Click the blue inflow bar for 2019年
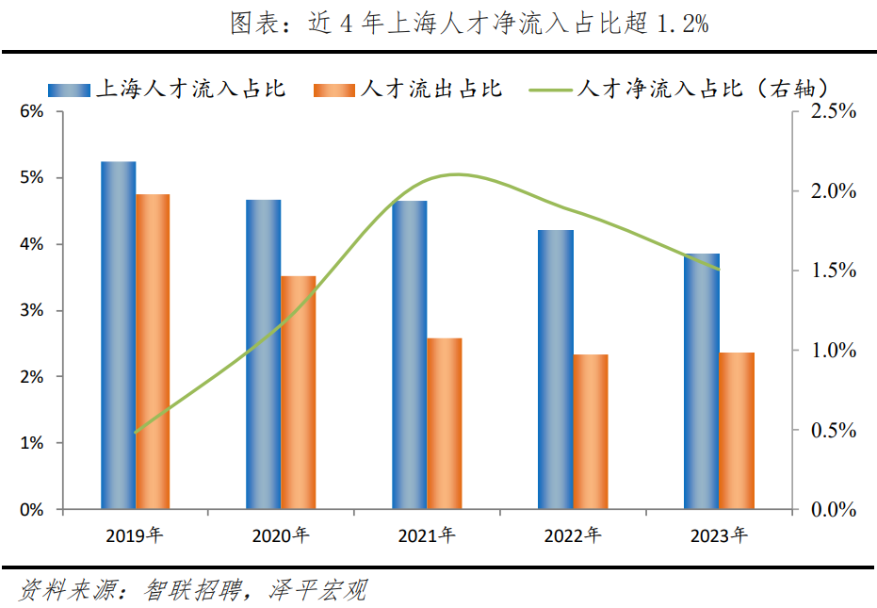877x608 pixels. pyautogui.click(x=119, y=335)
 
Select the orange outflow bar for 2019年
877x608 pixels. pyautogui.click(x=153, y=351)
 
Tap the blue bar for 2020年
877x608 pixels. pyautogui.click(x=264, y=353)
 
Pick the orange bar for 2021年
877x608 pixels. pyautogui.click(x=445, y=423)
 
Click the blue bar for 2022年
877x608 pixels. pyautogui.click(x=556, y=369)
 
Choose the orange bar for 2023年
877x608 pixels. pyautogui.click(x=737, y=430)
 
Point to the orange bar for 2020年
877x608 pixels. pyautogui.click(x=299, y=392)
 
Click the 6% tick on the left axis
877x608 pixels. pyautogui.click(x=31, y=112)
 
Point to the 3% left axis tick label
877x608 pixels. pyautogui.click(x=31, y=311)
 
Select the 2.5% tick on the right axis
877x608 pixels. pyautogui.click(x=833, y=112)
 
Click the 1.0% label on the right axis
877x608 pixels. pyautogui.click(x=833, y=351)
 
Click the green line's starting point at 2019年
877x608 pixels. pyautogui.click(x=137, y=432)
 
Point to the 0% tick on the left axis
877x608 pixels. pyautogui.click(x=31, y=510)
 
